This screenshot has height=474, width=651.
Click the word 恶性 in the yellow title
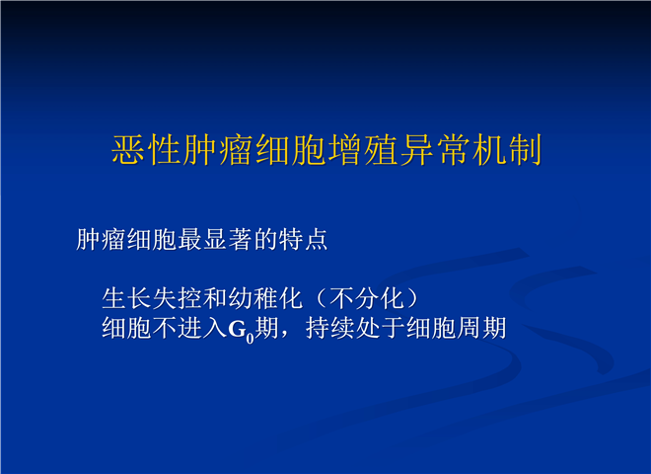(x=147, y=150)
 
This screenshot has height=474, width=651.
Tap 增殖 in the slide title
(x=364, y=150)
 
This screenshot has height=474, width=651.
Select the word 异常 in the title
(x=436, y=150)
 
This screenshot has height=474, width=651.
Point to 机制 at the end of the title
(x=508, y=150)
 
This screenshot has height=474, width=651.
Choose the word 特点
(x=304, y=240)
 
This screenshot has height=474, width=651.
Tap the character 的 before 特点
(x=266, y=240)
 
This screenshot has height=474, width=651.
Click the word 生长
(x=126, y=298)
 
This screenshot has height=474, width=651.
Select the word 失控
(x=178, y=298)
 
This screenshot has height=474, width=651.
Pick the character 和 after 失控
(x=215, y=298)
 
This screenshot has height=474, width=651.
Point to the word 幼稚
(x=253, y=298)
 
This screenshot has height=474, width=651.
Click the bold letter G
(x=237, y=329)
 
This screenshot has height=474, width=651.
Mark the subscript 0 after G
(x=250, y=339)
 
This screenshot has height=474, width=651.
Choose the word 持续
(x=330, y=328)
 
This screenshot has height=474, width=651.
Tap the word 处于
(x=381, y=328)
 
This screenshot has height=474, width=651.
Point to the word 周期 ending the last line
(x=482, y=328)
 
